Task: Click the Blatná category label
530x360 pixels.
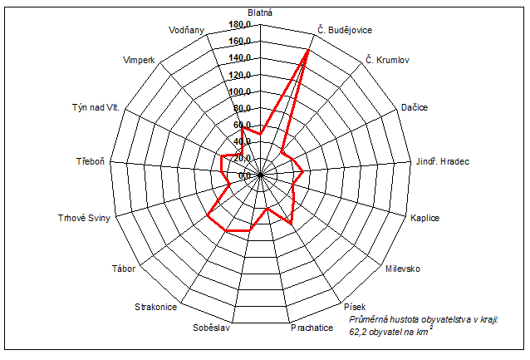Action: point(260,12)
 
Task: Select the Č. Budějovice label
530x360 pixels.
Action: point(345,30)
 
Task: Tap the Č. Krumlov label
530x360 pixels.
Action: point(387,60)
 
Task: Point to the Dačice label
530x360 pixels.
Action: point(415,109)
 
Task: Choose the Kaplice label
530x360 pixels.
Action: point(424,218)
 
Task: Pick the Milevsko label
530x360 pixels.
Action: point(403,269)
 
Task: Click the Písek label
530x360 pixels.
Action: point(354,307)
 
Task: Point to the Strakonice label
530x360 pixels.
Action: point(155,307)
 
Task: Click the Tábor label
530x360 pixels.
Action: point(122,268)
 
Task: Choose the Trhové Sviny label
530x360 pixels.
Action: point(84,218)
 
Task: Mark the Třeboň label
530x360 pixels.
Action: point(89,160)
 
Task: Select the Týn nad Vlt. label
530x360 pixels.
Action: point(96,108)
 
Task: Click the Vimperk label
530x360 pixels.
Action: point(138,61)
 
